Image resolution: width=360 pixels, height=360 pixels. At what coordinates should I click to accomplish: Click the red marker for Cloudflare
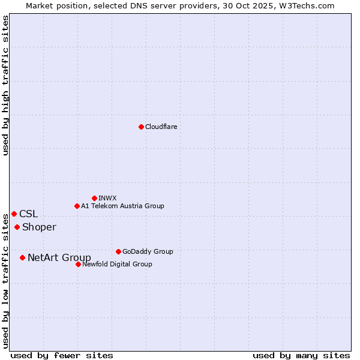coord(141,127)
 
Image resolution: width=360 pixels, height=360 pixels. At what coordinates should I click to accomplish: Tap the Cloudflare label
coord(161,127)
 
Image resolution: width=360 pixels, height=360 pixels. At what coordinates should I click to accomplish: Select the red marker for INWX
coord(94,198)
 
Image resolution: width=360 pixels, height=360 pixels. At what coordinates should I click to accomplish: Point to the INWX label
coord(107,198)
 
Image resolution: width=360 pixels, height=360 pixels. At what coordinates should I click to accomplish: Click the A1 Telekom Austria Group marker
coord(77,206)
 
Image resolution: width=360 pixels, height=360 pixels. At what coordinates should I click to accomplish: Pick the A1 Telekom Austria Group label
coord(122,206)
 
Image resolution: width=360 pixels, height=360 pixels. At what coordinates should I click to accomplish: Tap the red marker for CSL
coord(14,214)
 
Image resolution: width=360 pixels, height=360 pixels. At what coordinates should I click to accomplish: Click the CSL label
coord(28,214)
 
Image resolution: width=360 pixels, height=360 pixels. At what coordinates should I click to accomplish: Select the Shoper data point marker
coord(17,227)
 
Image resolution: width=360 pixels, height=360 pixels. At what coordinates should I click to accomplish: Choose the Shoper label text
coord(39,227)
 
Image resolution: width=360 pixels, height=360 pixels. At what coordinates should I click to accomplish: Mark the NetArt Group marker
coord(22,257)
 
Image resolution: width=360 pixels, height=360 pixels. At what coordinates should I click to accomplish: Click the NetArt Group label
coord(59,258)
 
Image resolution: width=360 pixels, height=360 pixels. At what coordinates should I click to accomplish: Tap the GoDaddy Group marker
coord(118,251)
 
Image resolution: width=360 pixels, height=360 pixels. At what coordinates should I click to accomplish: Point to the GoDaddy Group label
coord(148,251)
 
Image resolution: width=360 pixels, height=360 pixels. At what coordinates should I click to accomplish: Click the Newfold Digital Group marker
coord(78,264)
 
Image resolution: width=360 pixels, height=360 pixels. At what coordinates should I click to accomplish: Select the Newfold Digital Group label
coord(117,264)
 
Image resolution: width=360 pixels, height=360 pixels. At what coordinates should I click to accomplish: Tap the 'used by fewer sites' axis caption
coord(62,355)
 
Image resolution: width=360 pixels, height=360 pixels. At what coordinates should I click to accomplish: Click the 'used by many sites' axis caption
coord(301,355)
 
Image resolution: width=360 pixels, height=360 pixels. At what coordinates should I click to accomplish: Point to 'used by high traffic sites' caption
coord(5,85)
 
